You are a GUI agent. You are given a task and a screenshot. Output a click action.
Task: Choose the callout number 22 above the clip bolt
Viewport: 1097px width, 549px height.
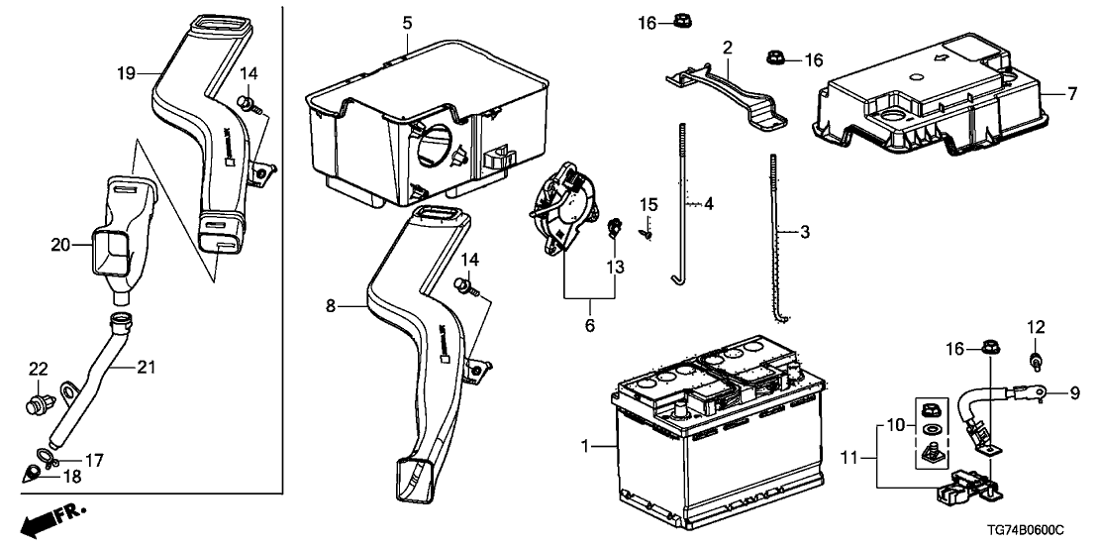[38, 369]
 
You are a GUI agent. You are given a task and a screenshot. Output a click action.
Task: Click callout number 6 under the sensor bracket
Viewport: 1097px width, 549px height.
[590, 325]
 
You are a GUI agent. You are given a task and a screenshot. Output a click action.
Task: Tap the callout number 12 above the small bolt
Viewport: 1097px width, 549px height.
[1035, 326]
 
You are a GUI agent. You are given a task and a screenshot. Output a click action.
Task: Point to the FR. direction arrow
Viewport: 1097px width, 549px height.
[54, 518]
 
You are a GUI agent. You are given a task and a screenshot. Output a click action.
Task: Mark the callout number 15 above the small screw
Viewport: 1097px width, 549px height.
[648, 204]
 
